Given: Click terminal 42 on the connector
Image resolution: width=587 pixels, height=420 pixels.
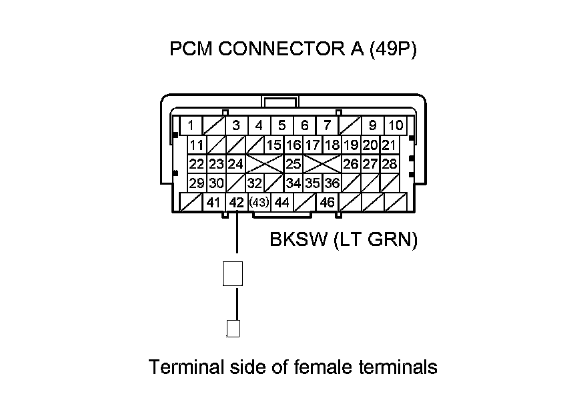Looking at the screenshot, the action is [236, 203].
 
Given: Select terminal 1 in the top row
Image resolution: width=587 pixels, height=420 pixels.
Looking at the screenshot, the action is [191, 125].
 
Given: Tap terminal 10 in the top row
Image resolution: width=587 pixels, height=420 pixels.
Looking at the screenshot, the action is [396, 125].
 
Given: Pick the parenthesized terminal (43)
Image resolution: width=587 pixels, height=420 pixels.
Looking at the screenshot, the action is [258, 203].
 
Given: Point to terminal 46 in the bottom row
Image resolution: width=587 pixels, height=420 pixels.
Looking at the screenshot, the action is [327, 203].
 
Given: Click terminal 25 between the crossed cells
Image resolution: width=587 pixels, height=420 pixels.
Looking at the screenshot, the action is [293, 164].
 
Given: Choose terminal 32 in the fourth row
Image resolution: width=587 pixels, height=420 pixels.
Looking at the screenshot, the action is [254, 183].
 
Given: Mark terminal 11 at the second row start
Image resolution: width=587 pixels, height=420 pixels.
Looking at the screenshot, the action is [196, 145].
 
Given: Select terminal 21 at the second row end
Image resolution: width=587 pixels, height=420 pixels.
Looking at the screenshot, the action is [389, 145].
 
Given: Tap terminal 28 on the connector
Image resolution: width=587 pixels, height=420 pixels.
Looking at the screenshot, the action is [389, 164].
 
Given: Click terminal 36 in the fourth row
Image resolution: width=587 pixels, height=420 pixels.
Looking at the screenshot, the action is [332, 183].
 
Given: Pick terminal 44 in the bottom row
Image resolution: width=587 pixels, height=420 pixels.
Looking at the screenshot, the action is [281, 203].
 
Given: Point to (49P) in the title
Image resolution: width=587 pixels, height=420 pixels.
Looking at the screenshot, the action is [392, 51].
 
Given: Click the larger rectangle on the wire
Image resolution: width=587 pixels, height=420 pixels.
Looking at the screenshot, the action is [232, 273].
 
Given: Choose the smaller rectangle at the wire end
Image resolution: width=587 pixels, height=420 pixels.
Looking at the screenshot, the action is [233, 329].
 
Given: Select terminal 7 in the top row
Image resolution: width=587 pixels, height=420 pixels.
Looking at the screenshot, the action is [327, 125].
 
